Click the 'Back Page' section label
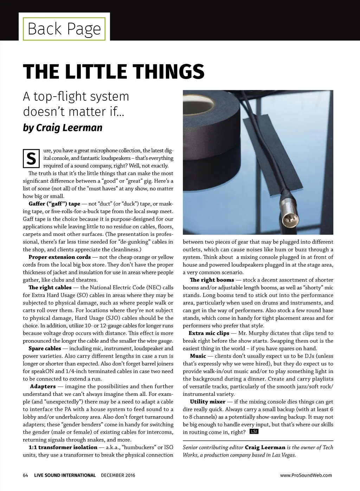click(x=64, y=28)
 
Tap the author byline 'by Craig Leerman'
click(x=63, y=127)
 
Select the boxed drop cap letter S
click(x=31, y=158)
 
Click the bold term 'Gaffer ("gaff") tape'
click(x=54, y=204)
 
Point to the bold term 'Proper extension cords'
click(x=59, y=257)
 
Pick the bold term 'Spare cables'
click(x=45, y=348)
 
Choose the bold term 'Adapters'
click(x=43, y=386)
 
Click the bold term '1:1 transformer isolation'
click(x=63, y=447)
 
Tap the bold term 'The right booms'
click(x=212, y=280)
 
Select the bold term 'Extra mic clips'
click(x=209, y=333)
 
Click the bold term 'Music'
click(x=198, y=356)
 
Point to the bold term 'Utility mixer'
click(x=207, y=401)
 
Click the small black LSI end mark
click(x=254, y=432)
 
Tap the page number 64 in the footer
click(x=25, y=475)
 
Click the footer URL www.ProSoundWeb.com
click(x=306, y=475)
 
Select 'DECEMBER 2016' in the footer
click(x=118, y=475)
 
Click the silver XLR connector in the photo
click(x=289, y=215)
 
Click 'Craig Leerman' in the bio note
click(x=265, y=447)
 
